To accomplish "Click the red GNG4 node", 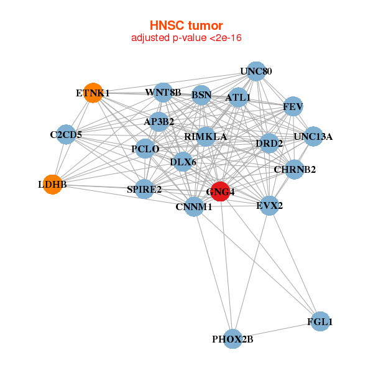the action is (220, 191).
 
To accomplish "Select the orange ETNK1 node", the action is (93, 93).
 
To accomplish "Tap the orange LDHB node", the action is (53, 185).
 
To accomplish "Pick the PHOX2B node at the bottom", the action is (233, 339).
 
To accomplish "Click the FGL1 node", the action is (320, 321).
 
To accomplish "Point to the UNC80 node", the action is (256, 71).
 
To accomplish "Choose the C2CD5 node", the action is (66, 134).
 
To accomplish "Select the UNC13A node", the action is (313, 136).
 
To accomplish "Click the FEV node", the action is (293, 107).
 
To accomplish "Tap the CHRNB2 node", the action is (295, 169).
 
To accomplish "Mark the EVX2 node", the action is (269, 205).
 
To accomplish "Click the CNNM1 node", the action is (194, 206).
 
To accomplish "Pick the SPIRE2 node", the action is (144, 189).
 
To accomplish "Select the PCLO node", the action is (145, 149).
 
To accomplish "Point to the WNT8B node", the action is (163, 93).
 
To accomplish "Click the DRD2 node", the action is (269, 144).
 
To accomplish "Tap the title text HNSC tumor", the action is (186, 25).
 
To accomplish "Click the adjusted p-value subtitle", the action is (186, 38).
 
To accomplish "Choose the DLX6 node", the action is (183, 162).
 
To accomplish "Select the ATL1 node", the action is (238, 98).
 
